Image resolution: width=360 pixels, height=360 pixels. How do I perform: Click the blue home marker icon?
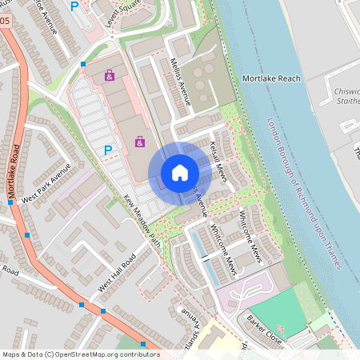179,173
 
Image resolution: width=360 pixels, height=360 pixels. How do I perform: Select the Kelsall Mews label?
218,163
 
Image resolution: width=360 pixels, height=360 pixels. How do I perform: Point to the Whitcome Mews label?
223,249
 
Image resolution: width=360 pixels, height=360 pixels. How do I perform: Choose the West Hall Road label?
117,272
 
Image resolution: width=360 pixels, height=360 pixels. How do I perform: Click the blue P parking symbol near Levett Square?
74,6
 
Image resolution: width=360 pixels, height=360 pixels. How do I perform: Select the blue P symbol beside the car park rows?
108,150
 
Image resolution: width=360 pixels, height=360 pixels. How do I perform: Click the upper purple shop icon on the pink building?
110,76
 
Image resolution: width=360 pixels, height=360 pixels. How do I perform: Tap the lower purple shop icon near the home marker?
140,142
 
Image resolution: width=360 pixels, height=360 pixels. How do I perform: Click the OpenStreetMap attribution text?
80,354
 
